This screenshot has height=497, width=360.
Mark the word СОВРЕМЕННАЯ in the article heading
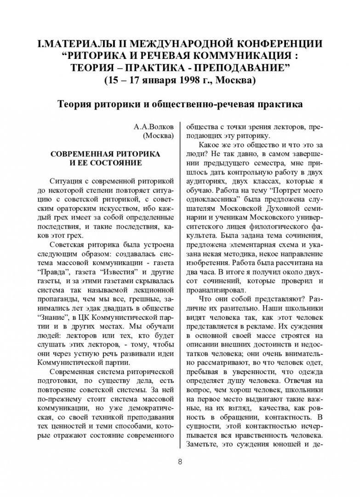pos(84,153)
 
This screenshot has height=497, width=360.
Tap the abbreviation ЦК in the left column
pos(96,306)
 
